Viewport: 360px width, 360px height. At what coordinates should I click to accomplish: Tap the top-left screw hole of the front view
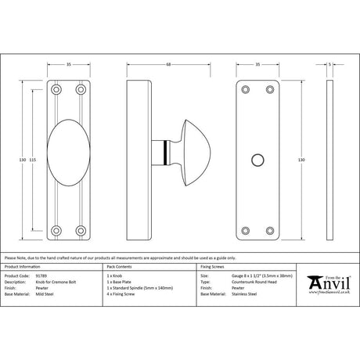point(57,90)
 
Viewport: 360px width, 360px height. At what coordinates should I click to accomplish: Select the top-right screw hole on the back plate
point(270,90)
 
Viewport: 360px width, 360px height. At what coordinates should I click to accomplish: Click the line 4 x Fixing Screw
point(122,293)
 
